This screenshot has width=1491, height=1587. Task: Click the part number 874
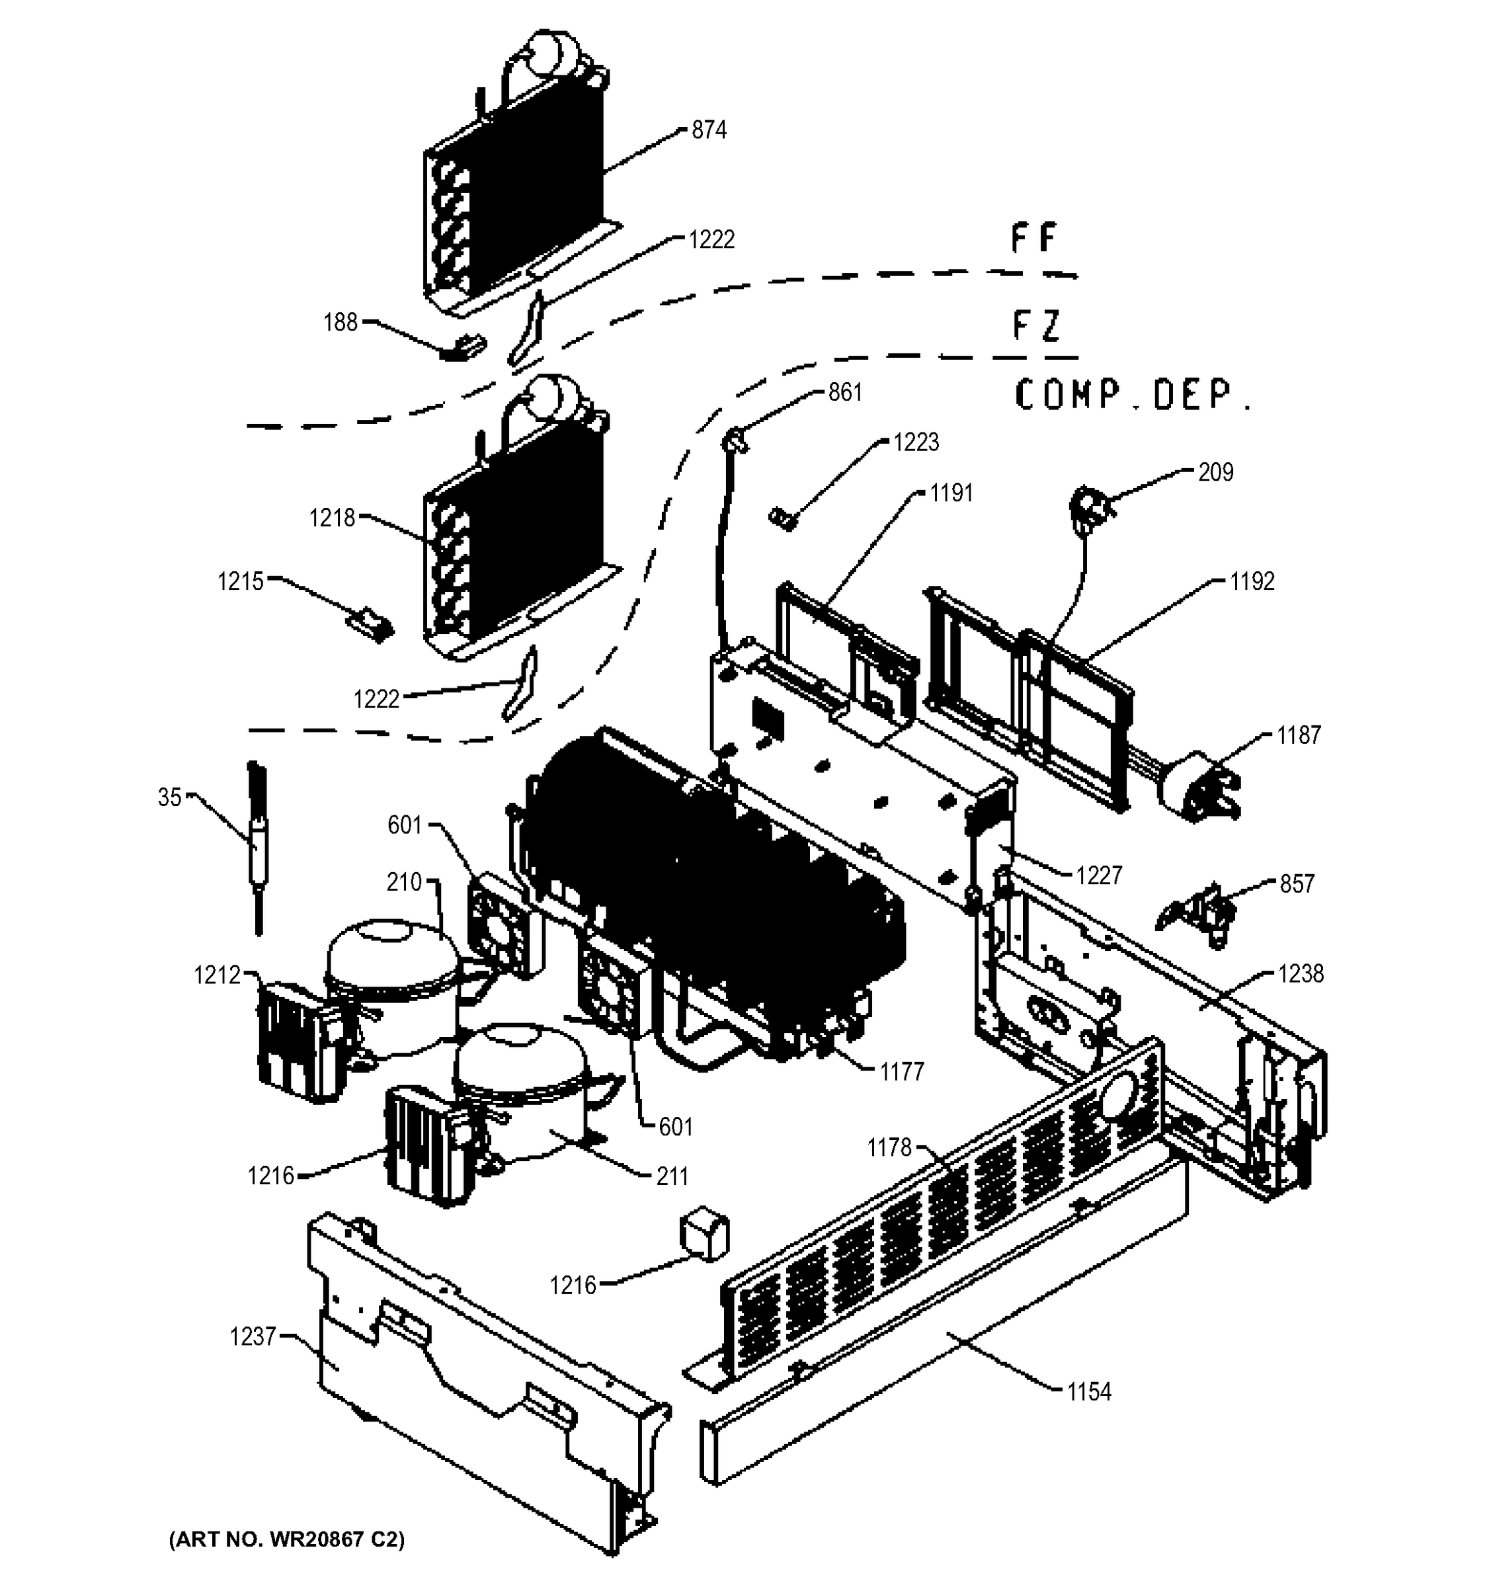tap(708, 130)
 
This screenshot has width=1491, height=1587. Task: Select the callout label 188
tap(340, 323)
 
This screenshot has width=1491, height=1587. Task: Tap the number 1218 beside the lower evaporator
tap(332, 518)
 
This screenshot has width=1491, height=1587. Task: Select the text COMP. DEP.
tap(1132, 395)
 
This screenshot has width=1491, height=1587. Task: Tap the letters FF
tap(1033, 239)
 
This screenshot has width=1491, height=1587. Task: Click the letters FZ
tap(1035, 326)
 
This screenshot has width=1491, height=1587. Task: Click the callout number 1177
tap(902, 1072)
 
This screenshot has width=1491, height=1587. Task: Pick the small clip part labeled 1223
tap(784, 519)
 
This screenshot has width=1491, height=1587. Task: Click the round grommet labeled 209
tap(1084, 508)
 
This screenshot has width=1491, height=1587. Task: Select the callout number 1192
tap(1252, 581)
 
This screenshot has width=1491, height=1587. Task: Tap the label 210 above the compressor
tap(404, 882)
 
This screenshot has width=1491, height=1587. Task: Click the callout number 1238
tap(1300, 974)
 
